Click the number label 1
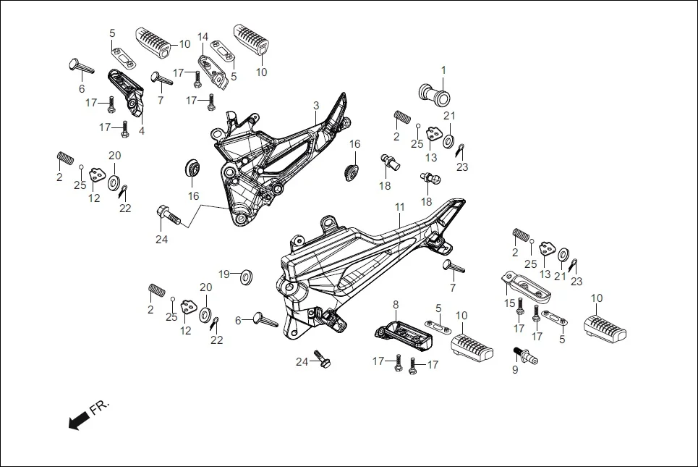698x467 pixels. tap(444, 70)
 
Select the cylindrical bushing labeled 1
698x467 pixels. tap(433, 93)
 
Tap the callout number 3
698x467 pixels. tap(316, 106)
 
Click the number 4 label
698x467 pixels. tap(142, 131)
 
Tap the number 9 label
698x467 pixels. tap(515, 369)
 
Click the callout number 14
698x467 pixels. tap(203, 37)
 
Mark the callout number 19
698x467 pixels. tap(224, 274)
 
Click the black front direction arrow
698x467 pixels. tap(75, 421)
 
